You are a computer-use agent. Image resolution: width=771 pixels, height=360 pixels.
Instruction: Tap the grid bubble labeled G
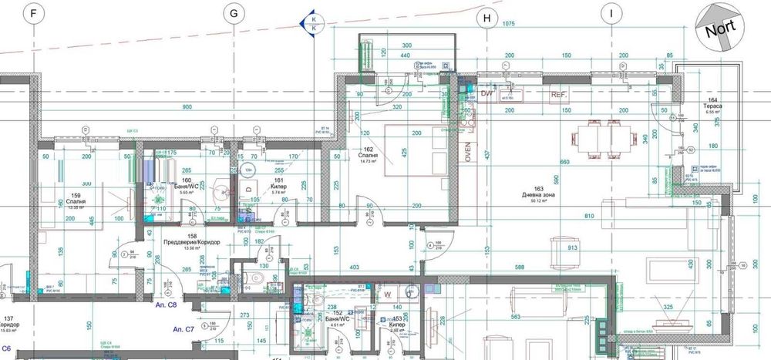[231, 14]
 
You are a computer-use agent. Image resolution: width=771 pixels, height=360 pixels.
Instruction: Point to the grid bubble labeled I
[611, 14]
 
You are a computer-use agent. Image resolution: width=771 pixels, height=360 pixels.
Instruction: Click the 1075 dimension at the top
[508, 25]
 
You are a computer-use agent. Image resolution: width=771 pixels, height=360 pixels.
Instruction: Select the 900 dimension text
[187, 106]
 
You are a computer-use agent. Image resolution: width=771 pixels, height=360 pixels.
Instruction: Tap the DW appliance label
[487, 93]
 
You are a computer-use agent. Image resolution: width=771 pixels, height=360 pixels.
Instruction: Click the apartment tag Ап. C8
[167, 305]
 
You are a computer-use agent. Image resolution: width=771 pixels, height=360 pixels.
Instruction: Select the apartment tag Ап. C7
[183, 329]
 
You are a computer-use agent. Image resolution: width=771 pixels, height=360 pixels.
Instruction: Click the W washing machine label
[389, 294]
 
